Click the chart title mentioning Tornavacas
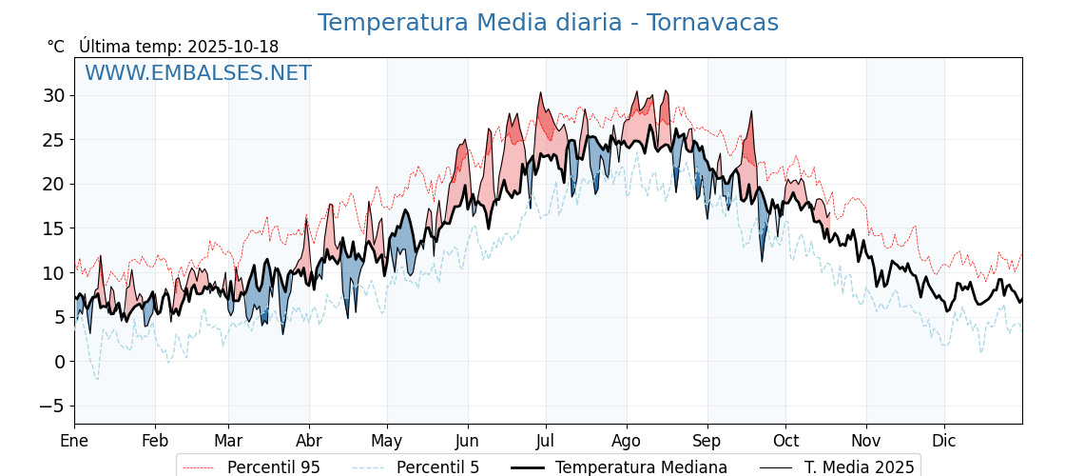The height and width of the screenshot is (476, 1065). click(548, 23)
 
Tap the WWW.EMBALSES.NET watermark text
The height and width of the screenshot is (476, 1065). click(198, 73)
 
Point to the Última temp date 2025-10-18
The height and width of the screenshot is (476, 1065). click(233, 47)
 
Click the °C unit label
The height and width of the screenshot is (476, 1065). click(56, 47)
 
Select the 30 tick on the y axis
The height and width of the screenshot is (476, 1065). click(53, 95)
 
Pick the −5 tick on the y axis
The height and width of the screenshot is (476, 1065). click(51, 406)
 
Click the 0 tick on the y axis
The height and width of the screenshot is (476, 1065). click(59, 362)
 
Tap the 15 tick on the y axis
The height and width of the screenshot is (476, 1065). click(53, 228)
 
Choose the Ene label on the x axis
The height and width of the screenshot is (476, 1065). click(74, 441)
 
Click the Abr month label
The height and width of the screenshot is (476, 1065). click(309, 441)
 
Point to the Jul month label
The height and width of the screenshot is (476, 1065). click(546, 441)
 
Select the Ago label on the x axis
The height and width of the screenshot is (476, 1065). click(627, 441)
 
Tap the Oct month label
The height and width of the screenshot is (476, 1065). click(785, 441)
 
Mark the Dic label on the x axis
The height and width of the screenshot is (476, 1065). click(944, 441)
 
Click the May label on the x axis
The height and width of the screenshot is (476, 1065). click(387, 441)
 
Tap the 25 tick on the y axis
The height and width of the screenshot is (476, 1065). click(53, 140)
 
